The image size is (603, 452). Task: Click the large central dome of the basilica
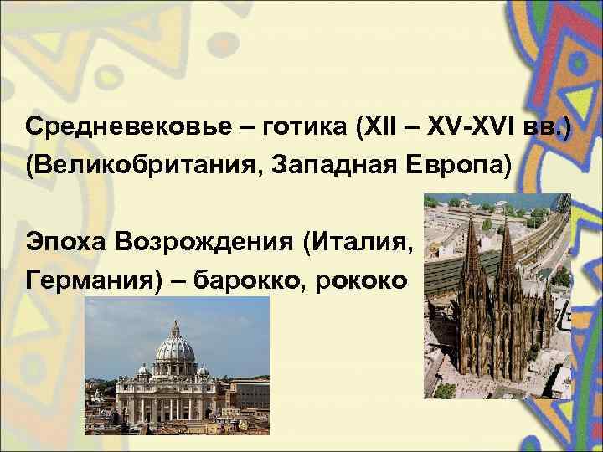pyautogui.click(x=175, y=348)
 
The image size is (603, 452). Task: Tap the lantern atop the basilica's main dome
pyautogui.click(x=175, y=326)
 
